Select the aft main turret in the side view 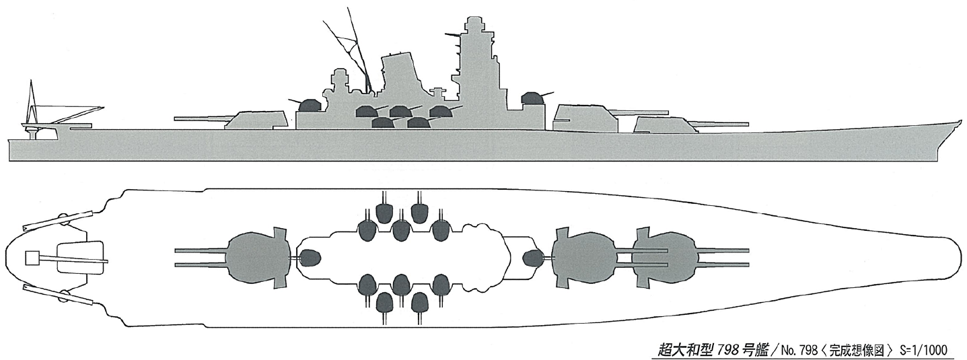[256, 118]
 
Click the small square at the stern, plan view [32, 258]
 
